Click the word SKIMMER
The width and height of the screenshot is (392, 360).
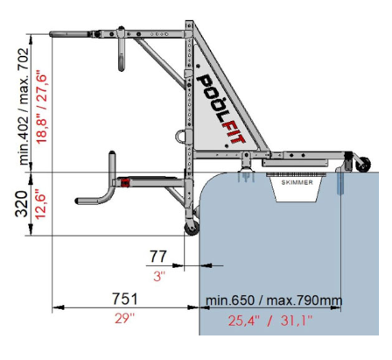[297, 182]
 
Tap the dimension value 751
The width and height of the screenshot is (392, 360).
[125, 299]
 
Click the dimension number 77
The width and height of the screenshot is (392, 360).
[158, 257]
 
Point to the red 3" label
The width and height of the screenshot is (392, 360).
[159, 276]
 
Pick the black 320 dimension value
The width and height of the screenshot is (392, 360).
[22, 204]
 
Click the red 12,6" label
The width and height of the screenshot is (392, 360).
[40, 204]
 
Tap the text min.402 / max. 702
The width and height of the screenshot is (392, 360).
[24, 107]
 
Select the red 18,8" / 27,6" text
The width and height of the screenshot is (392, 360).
[41, 109]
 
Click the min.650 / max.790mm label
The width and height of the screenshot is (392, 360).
[274, 300]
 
